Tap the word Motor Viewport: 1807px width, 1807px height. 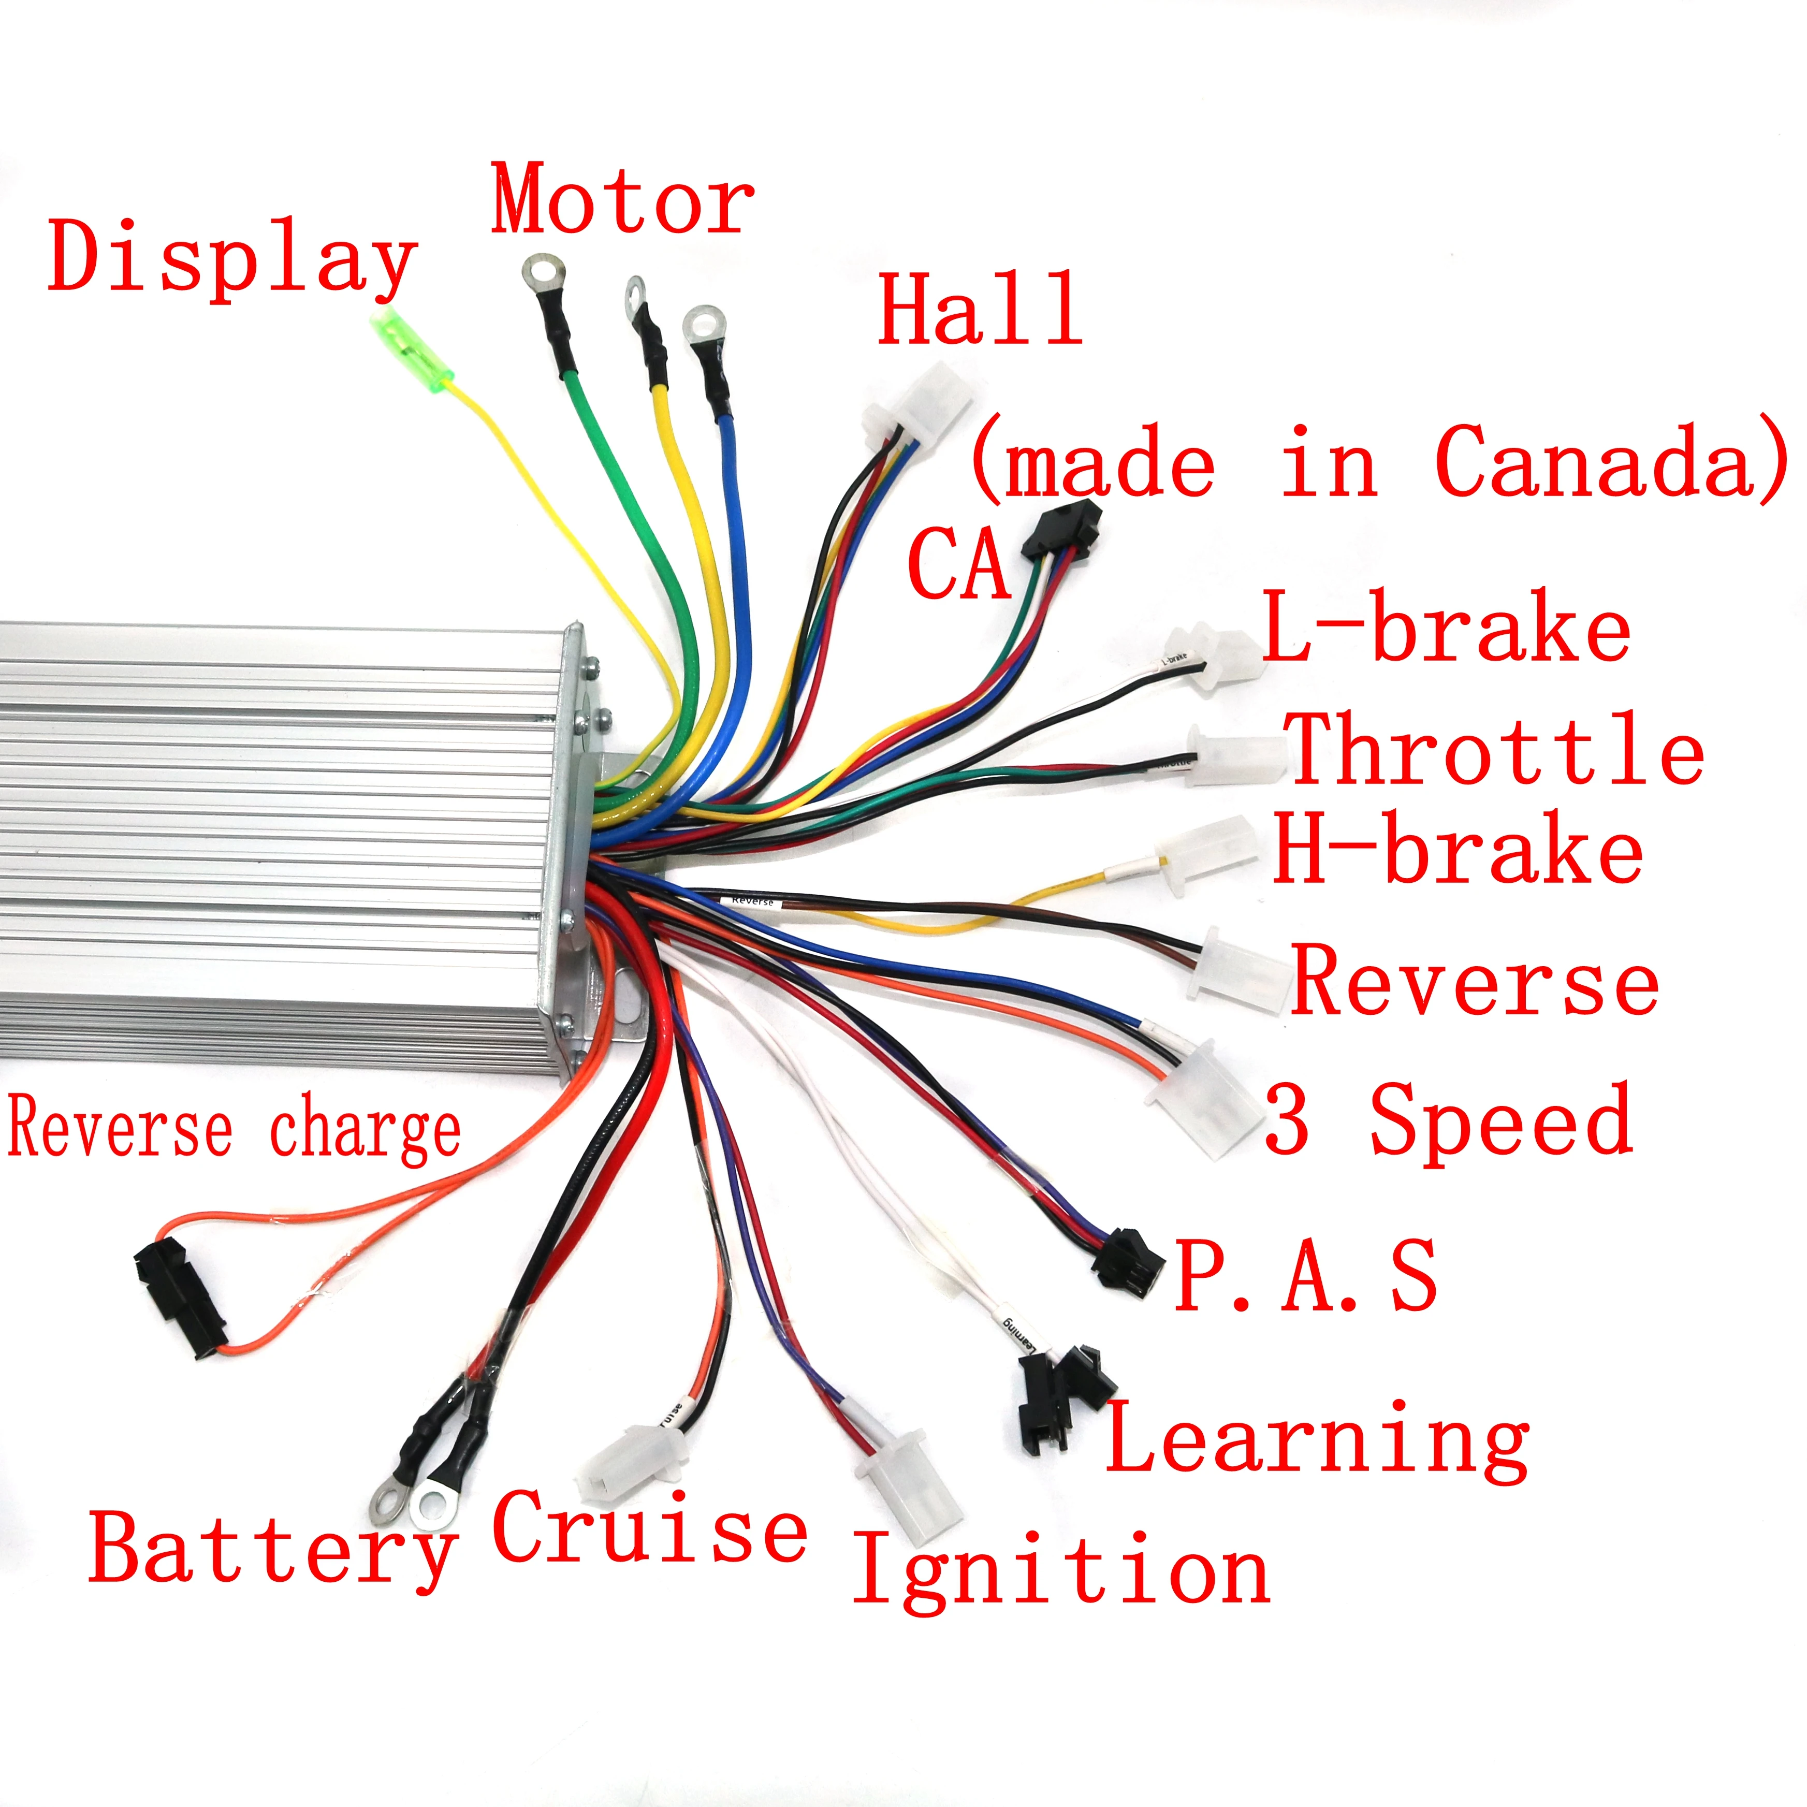[x=622, y=200]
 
